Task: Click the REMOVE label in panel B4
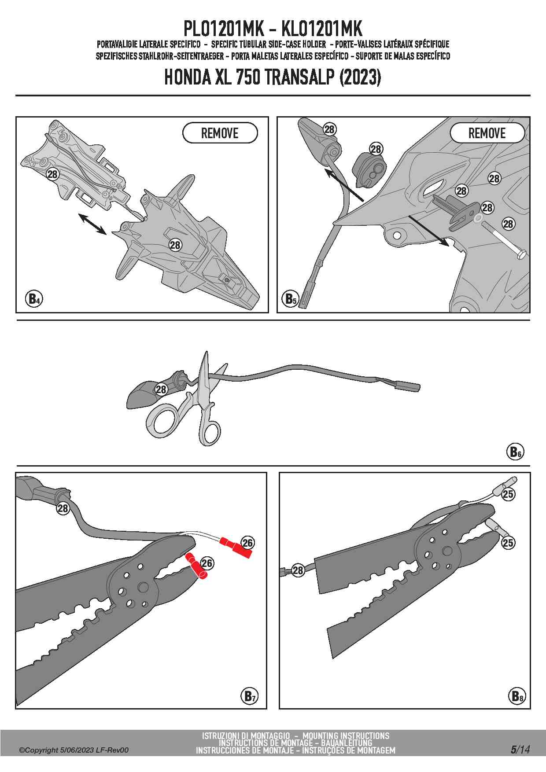[x=220, y=133]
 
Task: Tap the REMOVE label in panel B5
[x=487, y=133]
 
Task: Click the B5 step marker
[x=290, y=299]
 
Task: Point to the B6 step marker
[x=515, y=452]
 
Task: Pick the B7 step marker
[x=249, y=696]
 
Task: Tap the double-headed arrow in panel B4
[x=92, y=224]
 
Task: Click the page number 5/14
[x=520, y=749]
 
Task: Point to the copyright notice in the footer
[x=74, y=750]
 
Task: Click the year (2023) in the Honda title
[x=360, y=77]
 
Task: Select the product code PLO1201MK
[x=223, y=29]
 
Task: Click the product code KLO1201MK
[x=321, y=29]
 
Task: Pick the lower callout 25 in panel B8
[x=508, y=543]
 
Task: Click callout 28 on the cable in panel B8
[x=298, y=570]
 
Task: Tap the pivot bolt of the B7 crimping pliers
[x=143, y=587]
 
